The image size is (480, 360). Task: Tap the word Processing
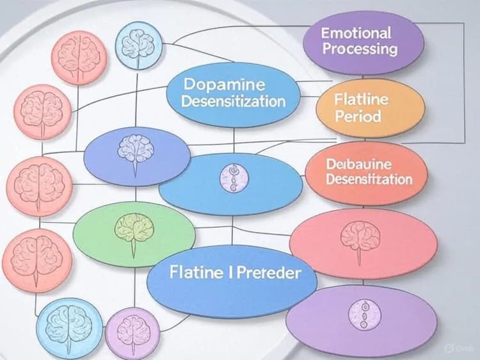point(360,49)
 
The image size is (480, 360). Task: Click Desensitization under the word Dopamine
point(234,101)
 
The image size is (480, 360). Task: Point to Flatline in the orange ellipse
point(362,100)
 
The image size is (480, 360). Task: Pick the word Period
point(358,117)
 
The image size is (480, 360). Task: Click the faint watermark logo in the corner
point(454,347)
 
